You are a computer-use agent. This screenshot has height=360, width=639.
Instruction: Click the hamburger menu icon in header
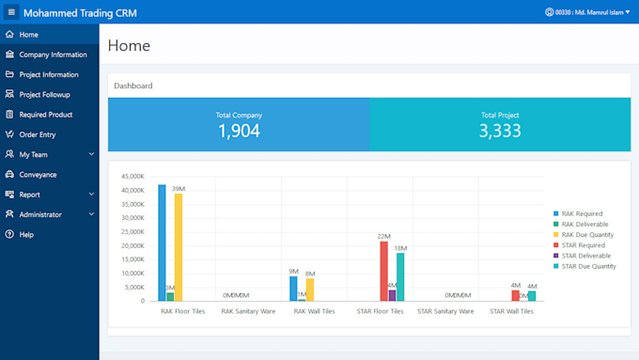[11, 12]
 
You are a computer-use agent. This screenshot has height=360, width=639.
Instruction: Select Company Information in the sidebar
[53, 55]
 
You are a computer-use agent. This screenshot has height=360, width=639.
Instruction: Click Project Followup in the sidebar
[44, 95]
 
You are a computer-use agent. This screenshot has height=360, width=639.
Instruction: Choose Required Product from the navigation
[45, 115]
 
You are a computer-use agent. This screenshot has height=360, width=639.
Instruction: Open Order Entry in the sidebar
[37, 134]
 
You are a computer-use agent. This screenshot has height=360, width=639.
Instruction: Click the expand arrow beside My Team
[91, 154]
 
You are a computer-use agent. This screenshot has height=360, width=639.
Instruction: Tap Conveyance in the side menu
[38, 175]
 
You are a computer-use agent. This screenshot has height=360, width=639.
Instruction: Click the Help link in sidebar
[26, 234]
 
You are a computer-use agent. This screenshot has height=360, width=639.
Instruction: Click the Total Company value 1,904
[239, 132]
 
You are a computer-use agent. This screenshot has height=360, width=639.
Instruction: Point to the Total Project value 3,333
[500, 132]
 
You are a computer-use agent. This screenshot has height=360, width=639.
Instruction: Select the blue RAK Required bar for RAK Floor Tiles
[162, 243]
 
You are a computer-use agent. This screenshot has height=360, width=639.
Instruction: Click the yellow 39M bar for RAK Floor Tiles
[179, 247]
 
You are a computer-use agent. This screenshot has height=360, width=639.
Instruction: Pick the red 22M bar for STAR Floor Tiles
[383, 271]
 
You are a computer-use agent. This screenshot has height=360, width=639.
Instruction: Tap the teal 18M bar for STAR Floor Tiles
[400, 276]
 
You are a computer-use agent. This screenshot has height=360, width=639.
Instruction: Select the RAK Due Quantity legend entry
[587, 235]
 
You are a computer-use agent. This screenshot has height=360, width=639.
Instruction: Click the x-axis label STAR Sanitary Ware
[445, 311]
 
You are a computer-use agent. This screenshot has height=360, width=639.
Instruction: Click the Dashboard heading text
[133, 86]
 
